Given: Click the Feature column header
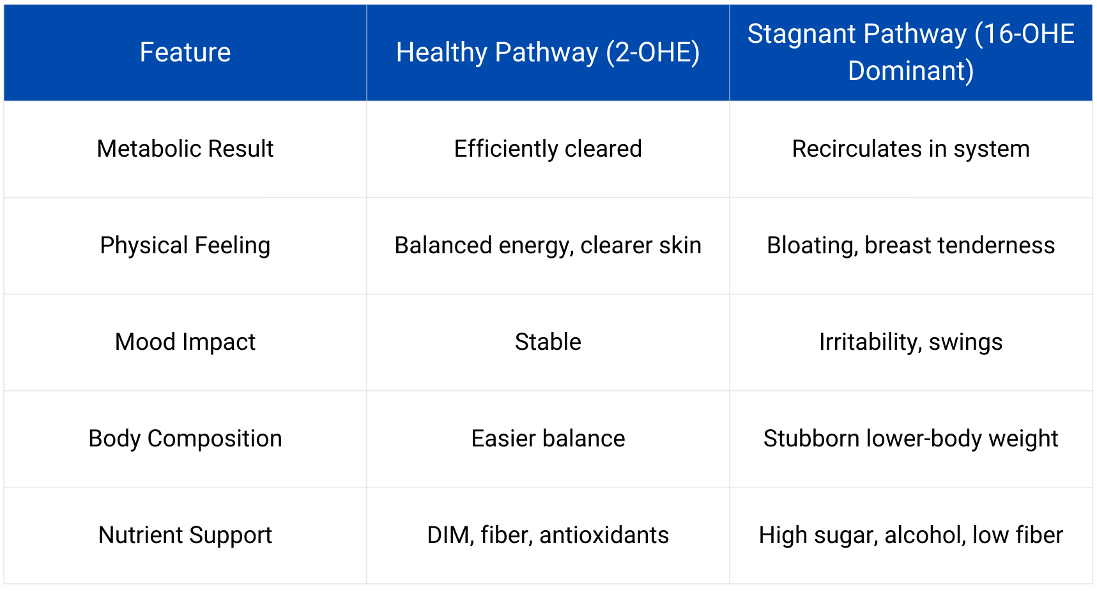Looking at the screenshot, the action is click(x=185, y=52).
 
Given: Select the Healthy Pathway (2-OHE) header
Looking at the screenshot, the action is click(x=548, y=52).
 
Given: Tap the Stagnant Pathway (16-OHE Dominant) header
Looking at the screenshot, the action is click(x=910, y=52).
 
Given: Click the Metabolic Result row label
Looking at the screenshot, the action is click(x=185, y=149).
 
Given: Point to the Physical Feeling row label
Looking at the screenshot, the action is click(x=185, y=246).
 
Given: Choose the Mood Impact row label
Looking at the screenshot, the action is click(x=185, y=342).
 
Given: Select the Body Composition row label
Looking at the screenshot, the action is click(x=185, y=439).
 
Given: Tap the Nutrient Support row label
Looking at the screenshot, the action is click(x=185, y=535).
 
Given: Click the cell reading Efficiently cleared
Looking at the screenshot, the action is click(x=548, y=149).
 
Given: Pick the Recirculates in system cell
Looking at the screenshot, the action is click(x=910, y=149).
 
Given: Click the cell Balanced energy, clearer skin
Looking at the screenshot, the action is click(x=548, y=246).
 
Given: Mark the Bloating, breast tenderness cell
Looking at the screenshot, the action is click(x=910, y=246).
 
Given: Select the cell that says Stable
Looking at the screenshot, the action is click(x=548, y=342).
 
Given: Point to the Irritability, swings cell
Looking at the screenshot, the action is click(x=910, y=342).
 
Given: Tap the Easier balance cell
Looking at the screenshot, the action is click(x=548, y=439).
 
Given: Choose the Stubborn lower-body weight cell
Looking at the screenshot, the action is click(x=910, y=439).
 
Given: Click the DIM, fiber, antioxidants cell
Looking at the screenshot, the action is click(x=548, y=535).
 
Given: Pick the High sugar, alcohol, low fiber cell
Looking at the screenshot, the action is click(x=910, y=535).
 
